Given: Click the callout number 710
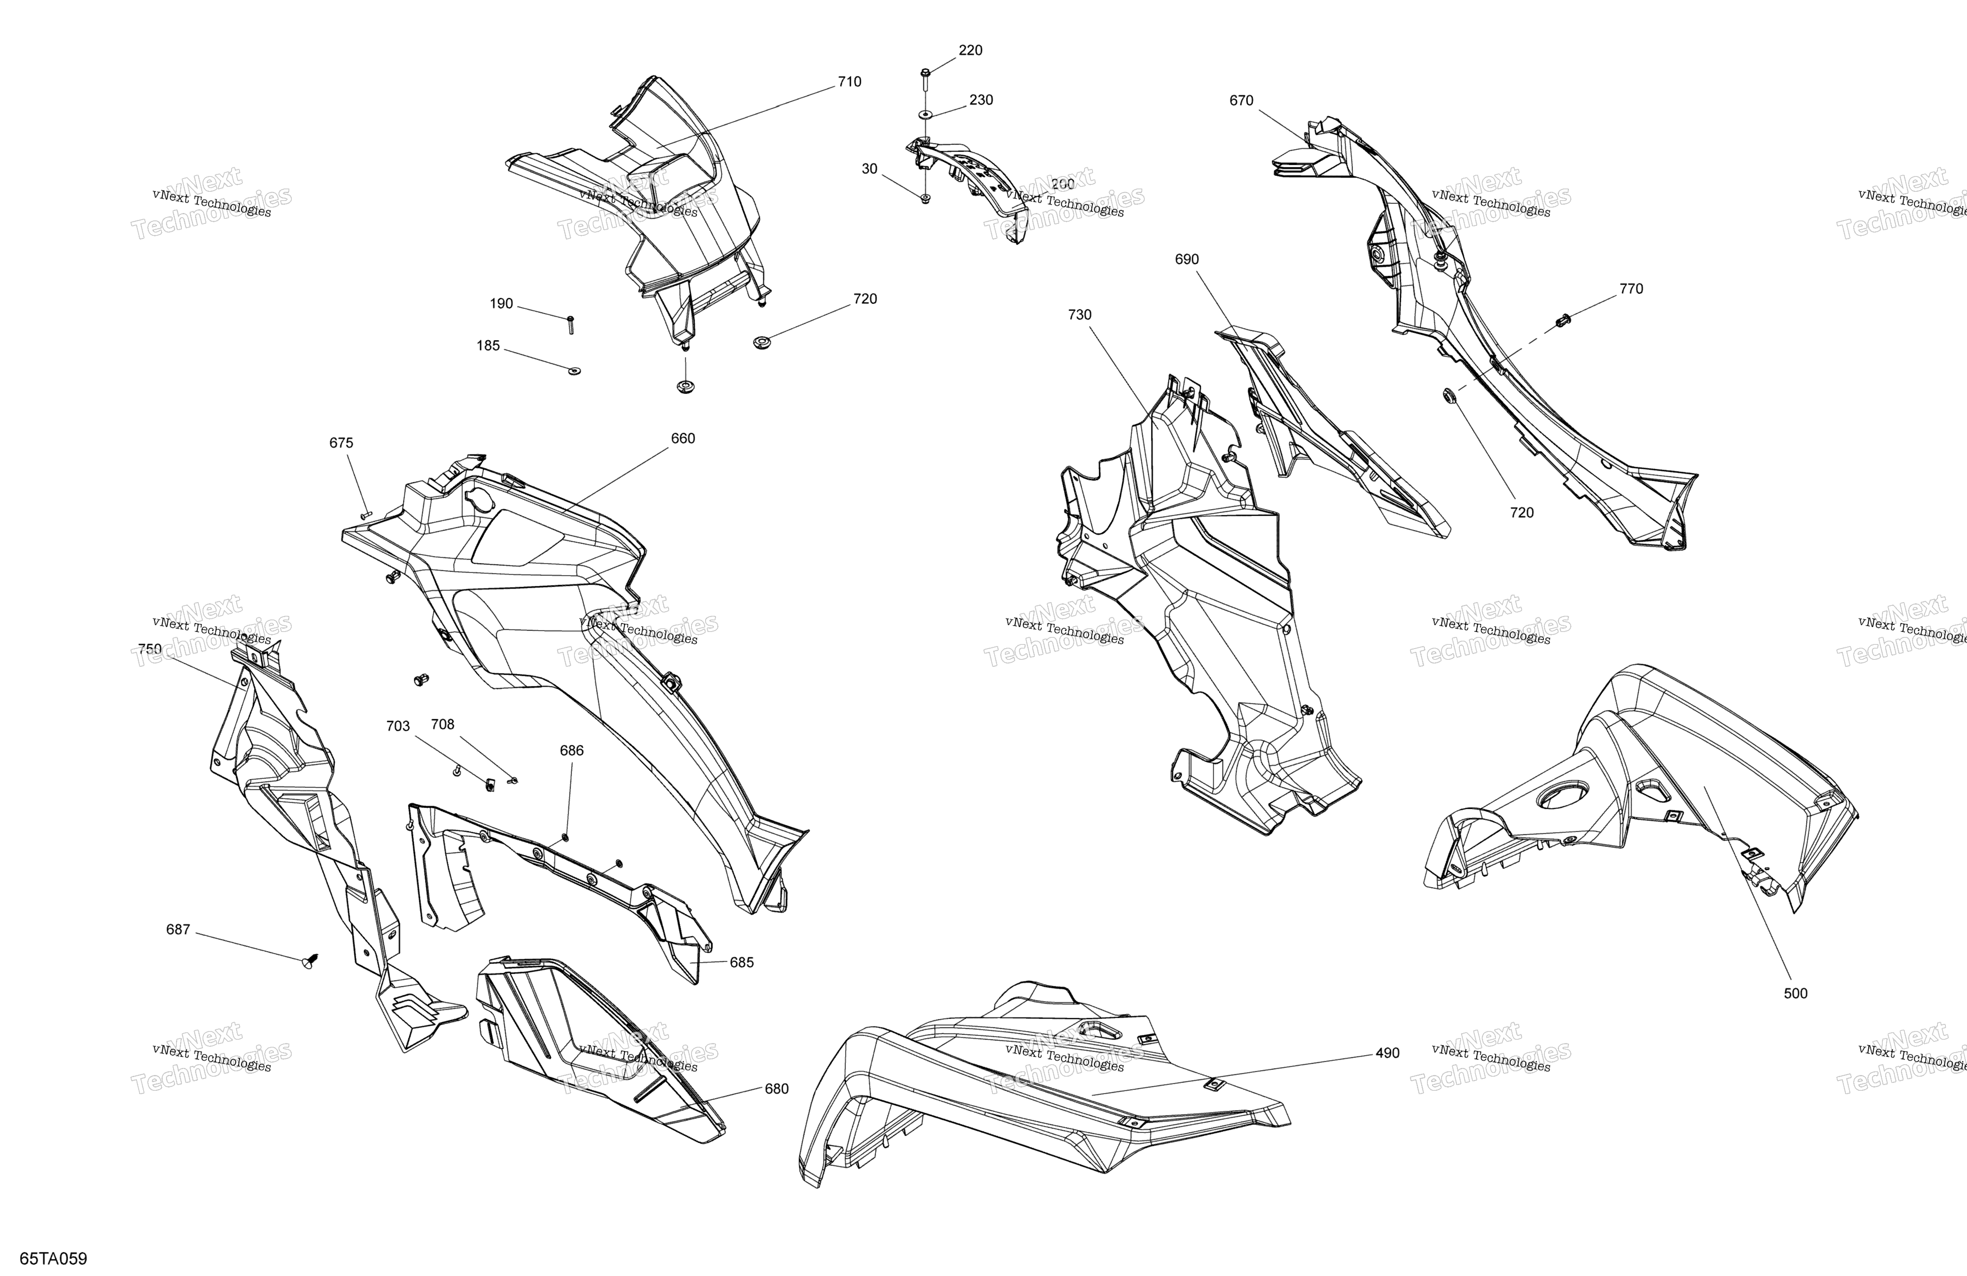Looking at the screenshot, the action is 850,82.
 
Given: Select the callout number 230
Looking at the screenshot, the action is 981,100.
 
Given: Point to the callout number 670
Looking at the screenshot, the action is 1241,101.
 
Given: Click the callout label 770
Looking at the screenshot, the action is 1632,289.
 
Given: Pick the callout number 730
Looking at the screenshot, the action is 1079,315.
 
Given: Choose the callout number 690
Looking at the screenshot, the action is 1187,260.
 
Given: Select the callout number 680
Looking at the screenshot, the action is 777,1089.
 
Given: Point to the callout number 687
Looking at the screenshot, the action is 178,930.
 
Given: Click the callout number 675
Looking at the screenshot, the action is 341,443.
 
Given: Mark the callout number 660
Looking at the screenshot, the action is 683,438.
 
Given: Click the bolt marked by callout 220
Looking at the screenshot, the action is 924,80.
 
